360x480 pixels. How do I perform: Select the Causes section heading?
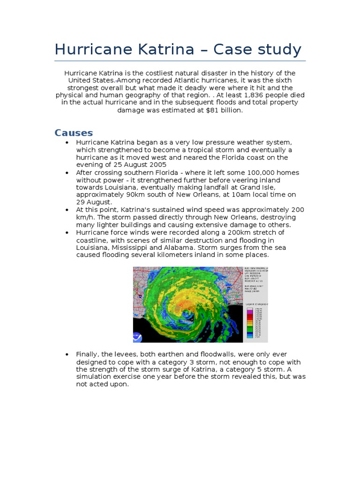click(x=74, y=133)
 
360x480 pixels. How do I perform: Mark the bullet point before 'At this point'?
click(x=67, y=210)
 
